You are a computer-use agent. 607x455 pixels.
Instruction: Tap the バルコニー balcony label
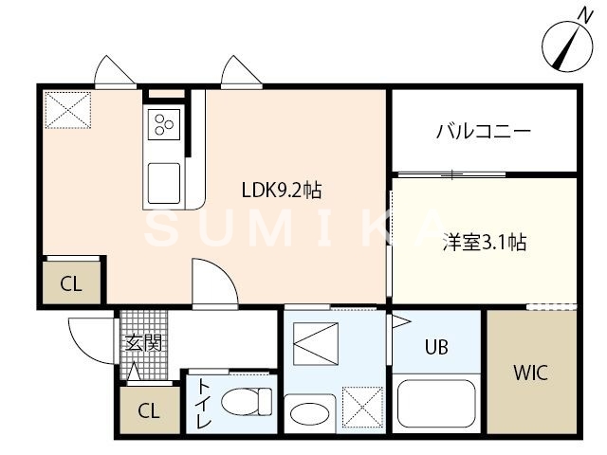point(483,132)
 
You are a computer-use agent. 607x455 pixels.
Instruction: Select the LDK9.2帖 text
point(280,191)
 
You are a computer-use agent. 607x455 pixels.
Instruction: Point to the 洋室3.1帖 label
point(485,242)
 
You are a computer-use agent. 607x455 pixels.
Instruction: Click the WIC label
point(530,373)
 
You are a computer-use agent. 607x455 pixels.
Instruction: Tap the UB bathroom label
point(435,347)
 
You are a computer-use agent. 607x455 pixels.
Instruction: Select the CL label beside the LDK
point(70,283)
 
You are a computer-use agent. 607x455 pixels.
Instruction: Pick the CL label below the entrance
point(148,411)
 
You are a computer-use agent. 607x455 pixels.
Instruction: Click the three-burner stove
point(163,124)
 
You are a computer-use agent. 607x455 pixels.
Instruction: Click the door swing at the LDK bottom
point(212,282)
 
